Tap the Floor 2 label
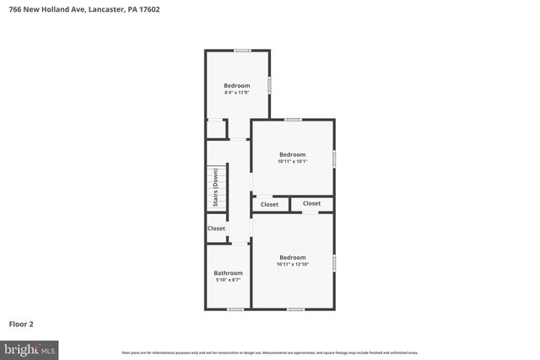tap(21, 323)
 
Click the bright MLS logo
tap(30, 348)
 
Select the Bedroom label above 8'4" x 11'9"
tap(236, 85)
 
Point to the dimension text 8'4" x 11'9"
tap(236, 93)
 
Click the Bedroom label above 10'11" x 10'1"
tap(292, 154)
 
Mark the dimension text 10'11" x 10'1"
tap(292, 162)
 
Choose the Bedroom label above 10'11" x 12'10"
tap(292, 257)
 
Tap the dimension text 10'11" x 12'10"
tap(292, 265)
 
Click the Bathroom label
tap(228, 273)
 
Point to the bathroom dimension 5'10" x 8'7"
tap(228, 281)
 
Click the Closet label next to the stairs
tap(217, 228)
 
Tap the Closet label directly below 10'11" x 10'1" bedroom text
tap(269, 205)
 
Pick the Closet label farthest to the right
tap(312, 203)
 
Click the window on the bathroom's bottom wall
tap(235, 309)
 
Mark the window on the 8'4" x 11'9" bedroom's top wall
tap(242, 51)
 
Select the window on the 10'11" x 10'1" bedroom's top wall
tap(293, 120)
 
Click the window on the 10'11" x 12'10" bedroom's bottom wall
tap(295, 309)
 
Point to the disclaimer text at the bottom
tap(270, 352)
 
